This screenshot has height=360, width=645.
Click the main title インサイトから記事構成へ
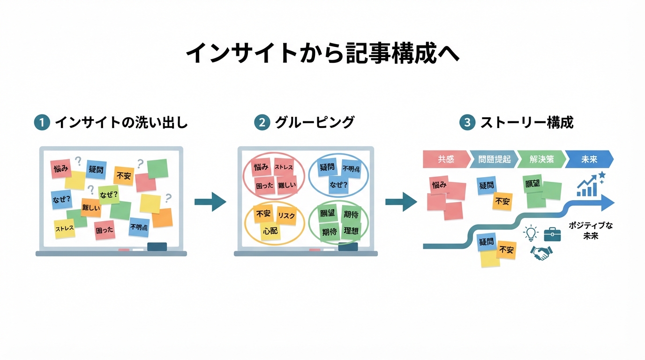(x=322, y=53)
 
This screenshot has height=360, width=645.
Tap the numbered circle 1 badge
(x=42, y=123)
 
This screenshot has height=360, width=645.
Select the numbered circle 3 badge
(x=467, y=123)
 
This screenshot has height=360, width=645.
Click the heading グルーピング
(x=314, y=123)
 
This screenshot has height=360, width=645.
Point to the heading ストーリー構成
(x=526, y=123)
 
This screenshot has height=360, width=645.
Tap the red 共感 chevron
(x=445, y=159)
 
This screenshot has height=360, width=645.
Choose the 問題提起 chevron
(x=494, y=159)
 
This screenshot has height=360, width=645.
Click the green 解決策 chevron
(x=541, y=159)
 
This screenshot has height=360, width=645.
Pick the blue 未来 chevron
(x=589, y=159)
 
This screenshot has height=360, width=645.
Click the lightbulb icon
(x=530, y=233)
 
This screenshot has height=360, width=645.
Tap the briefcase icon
(x=552, y=233)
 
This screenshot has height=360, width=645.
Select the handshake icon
(x=541, y=254)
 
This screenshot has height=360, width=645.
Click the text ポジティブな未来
(x=591, y=231)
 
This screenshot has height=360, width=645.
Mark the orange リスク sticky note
(x=286, y=216)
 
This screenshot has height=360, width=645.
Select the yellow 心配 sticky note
(x=270, y=231)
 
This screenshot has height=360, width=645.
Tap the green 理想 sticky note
(x=351, y=231)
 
